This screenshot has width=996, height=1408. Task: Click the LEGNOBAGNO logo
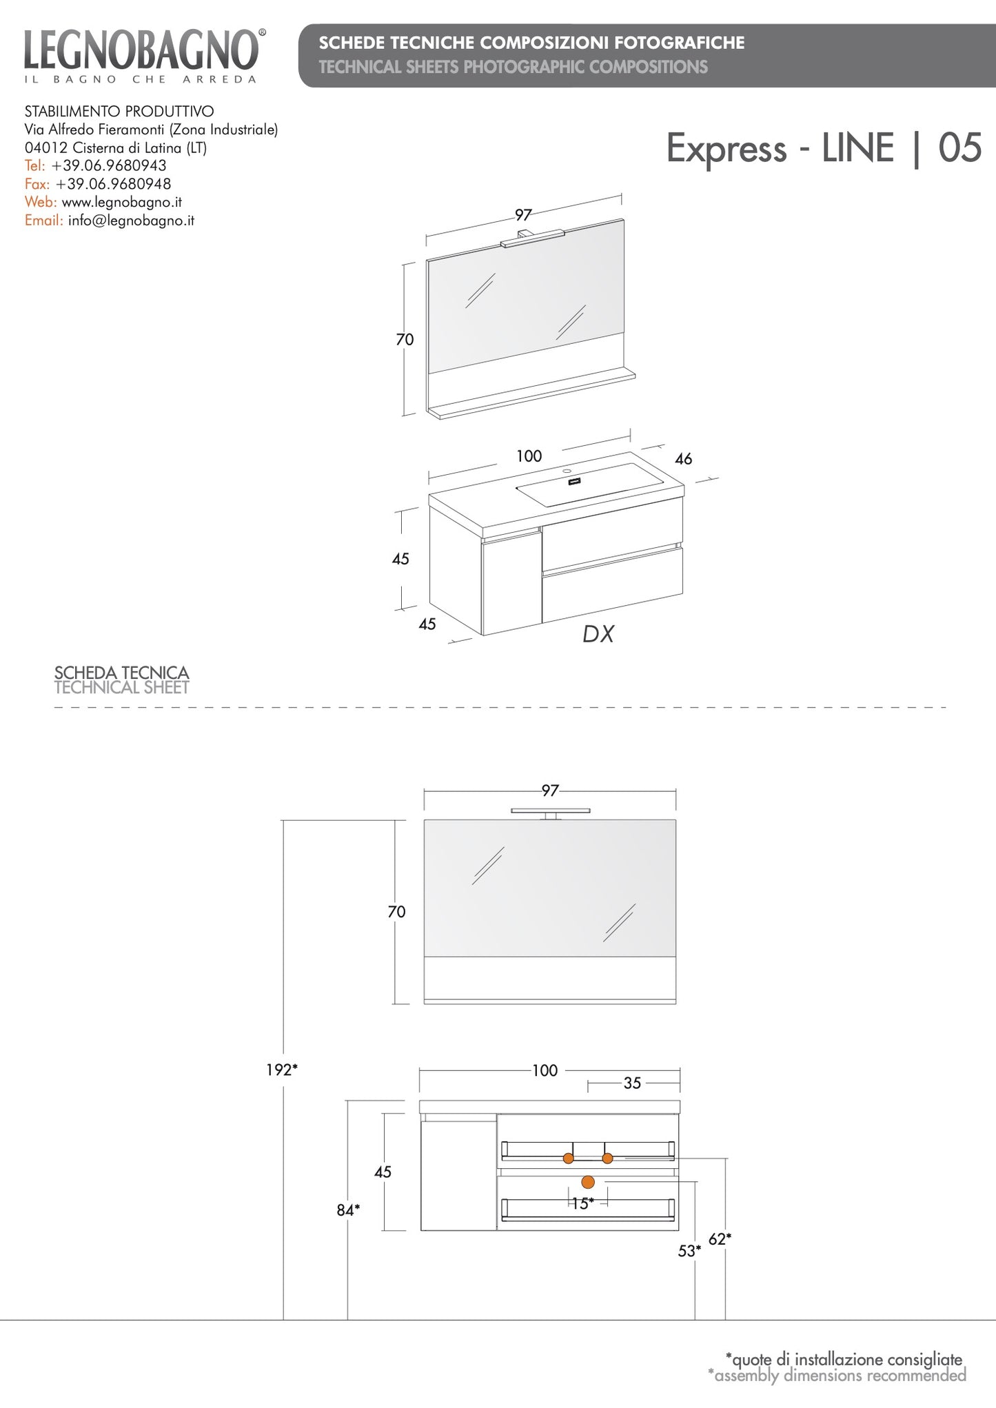click(141, 55)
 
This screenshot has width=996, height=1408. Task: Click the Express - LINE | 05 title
click(824, 148)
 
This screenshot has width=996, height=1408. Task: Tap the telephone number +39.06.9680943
click(109, 165)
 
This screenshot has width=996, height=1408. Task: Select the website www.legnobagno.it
click(122, 202)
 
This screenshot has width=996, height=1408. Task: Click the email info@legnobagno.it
click(131, 221)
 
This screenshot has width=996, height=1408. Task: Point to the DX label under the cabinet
click(598, 634)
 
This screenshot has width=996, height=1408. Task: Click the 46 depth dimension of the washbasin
click(683, 458)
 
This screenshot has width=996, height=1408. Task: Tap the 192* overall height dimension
click(282, 1070)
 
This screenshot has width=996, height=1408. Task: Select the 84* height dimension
click(348, 1210)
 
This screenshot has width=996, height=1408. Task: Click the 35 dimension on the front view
click(632, 1083)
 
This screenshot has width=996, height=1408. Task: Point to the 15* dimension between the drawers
click(582, 1203)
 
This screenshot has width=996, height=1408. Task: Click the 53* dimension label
click(689, 1251)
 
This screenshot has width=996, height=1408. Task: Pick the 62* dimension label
click(720, 1239)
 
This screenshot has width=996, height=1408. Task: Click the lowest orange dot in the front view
click(588, 1183)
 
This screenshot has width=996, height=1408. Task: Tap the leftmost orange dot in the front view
click(568, 1159)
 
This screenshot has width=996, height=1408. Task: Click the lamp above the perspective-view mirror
click(533, 238)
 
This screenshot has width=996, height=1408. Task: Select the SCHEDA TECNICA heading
click(121, 672)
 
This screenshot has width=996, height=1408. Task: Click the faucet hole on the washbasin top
click(567, 471)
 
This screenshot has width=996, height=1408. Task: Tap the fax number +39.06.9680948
click(113, 184)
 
